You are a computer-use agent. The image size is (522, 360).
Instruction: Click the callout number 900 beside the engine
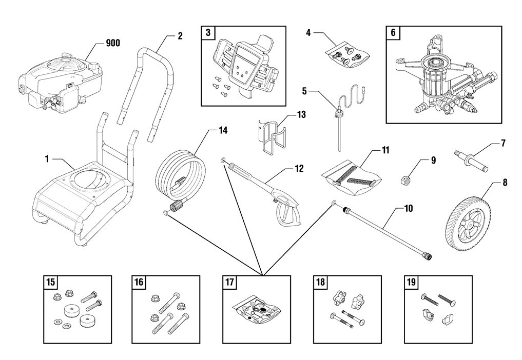(112, 43)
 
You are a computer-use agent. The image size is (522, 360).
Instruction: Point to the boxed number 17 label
(229, 283)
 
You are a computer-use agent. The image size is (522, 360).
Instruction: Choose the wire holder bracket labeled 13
(272, 136)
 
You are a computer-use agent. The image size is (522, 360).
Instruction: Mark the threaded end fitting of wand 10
(427, 253)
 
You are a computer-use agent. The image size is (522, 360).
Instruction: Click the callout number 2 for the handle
(180, 36)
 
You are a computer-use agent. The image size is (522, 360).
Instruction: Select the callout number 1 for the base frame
(47, 159)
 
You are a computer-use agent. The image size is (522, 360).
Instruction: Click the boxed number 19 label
(411, 283)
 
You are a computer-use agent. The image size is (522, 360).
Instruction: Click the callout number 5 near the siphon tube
(304, 91)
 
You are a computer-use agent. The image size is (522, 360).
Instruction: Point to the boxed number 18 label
(320, 283)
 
